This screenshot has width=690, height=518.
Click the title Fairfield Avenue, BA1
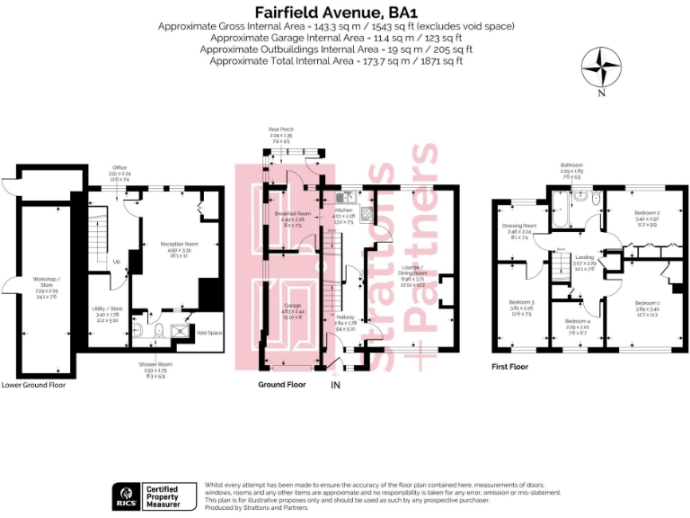345,12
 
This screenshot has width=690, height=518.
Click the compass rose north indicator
601,69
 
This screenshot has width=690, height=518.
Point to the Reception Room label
179,244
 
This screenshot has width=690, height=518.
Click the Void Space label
208,334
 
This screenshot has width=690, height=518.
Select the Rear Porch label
280,130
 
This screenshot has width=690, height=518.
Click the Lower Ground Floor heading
34,384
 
